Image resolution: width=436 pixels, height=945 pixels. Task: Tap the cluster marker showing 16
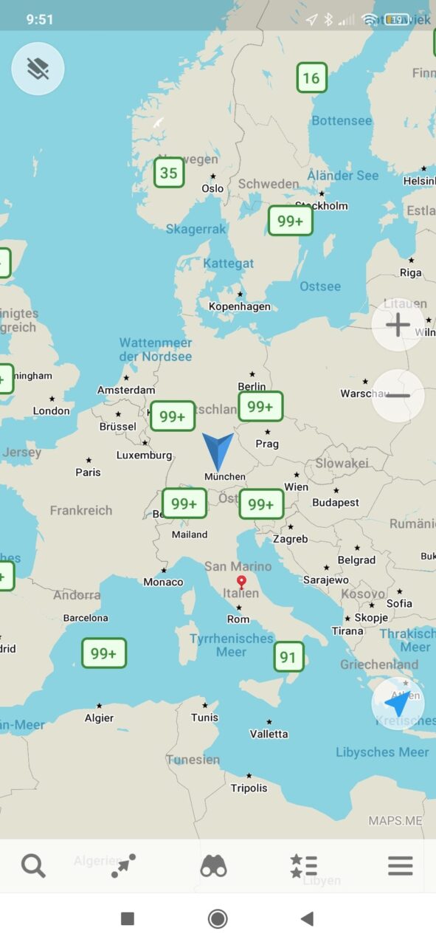click(311, 78)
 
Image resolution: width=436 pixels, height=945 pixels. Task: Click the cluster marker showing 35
click(169, 173)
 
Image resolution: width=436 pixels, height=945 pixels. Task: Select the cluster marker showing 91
click(288, 657)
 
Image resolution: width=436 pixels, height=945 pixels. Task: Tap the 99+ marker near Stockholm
click(290, 221)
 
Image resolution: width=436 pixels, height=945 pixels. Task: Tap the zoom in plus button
click(398, 325)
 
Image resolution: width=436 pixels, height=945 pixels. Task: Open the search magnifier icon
click(33, 865)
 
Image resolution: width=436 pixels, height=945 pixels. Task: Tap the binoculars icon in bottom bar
click(213, 865)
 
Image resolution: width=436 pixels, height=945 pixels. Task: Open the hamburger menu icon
click(400, 865)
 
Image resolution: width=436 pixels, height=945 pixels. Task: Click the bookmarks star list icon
click(303, 865)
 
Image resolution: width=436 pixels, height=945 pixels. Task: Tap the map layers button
click(38, 69)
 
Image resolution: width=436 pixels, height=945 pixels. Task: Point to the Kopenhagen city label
click(240, 306)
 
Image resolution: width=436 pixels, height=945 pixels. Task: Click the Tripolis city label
click(249, 788)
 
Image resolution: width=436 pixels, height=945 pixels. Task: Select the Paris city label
click(88, 472)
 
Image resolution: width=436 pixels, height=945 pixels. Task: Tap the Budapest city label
click(336, 502)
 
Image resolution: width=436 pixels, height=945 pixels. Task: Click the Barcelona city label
click(86, 618)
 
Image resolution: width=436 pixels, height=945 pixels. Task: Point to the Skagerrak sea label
click(196, 230)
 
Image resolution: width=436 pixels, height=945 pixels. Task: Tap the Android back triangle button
click(307, 918)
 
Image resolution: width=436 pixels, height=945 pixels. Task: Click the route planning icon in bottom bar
click(123, 865)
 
